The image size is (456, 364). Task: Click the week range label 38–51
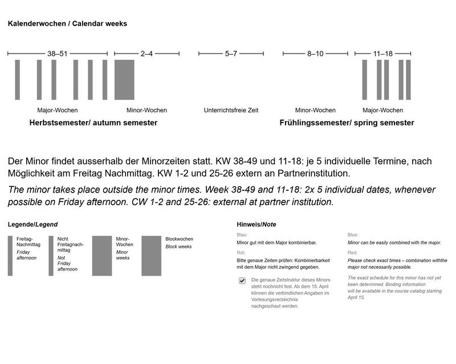click(57, 54)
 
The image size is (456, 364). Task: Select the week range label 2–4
click(146, 54)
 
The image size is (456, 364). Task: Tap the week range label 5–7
click(231, 54)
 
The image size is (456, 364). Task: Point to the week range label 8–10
click(315, 54)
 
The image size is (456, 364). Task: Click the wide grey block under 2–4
click(124, 80)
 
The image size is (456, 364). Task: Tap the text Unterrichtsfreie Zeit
click(231, 110)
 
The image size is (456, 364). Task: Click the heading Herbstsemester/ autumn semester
click(93, 122)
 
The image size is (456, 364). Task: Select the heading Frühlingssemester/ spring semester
click(347, 122)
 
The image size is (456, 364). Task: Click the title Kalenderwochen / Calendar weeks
click(67, 24)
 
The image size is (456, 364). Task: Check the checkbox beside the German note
click(242, 281)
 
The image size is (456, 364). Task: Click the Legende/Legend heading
click(32, 224)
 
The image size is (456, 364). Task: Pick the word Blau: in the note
click(242, 234)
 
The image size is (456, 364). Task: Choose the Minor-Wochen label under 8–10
click(315, 110)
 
